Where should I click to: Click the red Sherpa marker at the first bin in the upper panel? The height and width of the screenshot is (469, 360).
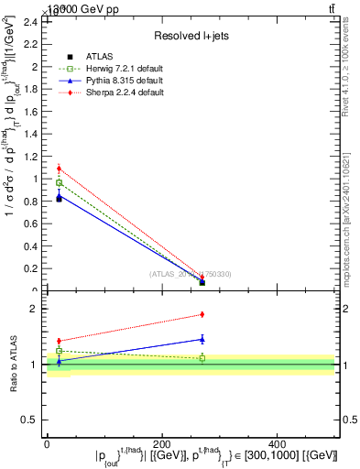pos(59,169)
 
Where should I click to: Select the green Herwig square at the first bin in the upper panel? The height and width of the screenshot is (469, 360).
pos(59,183)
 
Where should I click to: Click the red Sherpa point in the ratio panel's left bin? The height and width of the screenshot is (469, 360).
pos(59,341)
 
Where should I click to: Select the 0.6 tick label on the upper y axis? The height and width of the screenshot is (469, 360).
pos(36,224)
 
